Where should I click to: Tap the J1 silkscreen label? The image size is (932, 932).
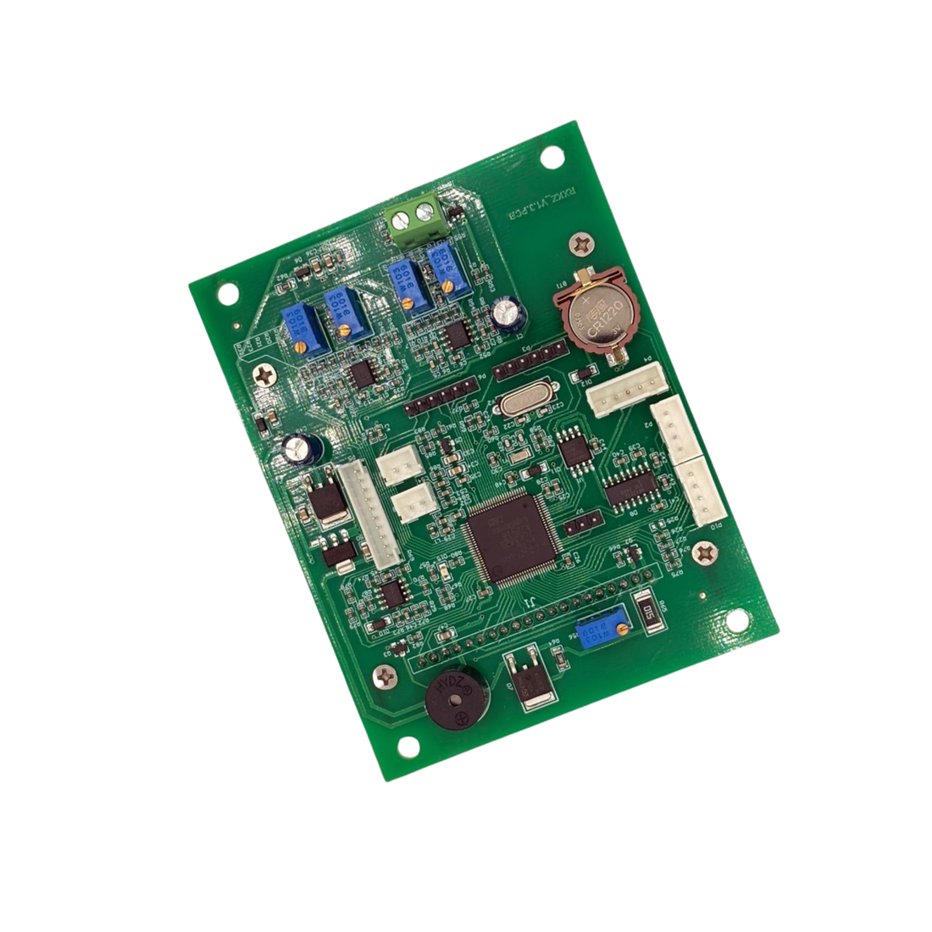[530, 603]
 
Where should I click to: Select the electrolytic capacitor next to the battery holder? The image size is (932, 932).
[508, 311]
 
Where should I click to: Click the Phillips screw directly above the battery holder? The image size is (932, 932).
[583, 246]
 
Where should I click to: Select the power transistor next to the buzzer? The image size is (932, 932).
[530, 678]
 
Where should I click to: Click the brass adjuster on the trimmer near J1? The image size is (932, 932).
[623, 628]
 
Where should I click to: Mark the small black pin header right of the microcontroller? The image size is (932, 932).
[584, 521]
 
